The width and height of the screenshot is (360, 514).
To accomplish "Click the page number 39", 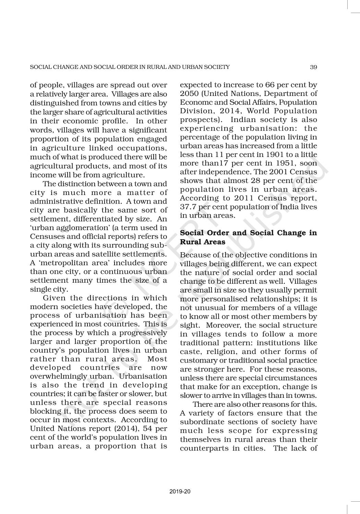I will click(x=313, y=67).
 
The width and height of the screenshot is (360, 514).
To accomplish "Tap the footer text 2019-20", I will click(x=180, y=492).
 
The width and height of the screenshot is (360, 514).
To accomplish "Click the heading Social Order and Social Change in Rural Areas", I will click(x=248, y=237).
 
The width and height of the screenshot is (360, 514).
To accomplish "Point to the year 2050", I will click(x=187, y=94).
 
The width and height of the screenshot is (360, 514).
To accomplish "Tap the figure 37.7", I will click(x=188, y=207).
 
